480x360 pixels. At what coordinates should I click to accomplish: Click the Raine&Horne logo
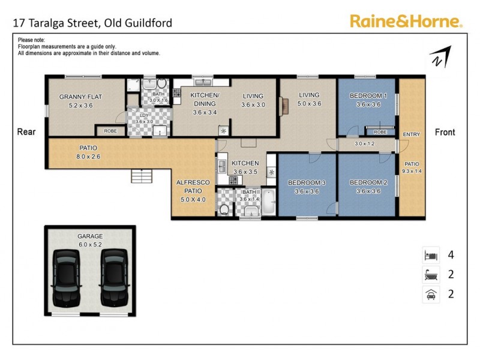(406, 22)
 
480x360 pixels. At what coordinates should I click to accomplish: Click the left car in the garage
(68, 277)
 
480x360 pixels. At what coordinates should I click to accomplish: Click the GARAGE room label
(90, 236)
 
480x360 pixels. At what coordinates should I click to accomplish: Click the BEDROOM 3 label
(307, 182)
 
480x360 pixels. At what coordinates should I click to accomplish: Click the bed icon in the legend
(431, 254)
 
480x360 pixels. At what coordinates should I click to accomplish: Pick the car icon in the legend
(431, 294)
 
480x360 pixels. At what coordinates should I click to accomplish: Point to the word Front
(445, 132)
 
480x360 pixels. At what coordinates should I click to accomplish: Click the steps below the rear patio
(142, 176)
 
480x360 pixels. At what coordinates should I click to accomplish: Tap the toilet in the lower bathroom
(224, 208)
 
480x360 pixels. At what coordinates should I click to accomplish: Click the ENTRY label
(412, 134)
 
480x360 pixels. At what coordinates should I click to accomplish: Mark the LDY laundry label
(144, 115)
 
